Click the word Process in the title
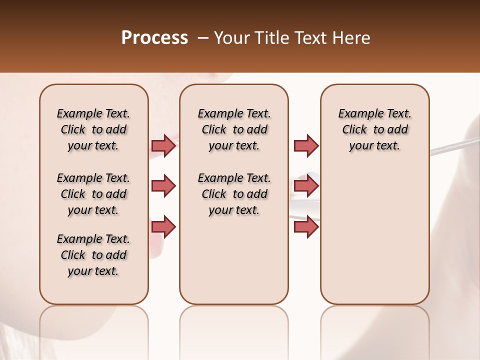tap(154, 38)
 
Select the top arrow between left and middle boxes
tap(163, 145)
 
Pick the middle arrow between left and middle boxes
tap(163, 186)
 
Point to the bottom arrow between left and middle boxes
tap(163, 227)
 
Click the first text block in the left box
tap(93, 129)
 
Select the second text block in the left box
tap(93, 194)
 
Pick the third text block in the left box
tap(93, 255)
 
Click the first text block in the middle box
tap(234, 129)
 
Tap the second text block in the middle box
tap(234, 194)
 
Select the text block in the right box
tap(375, 129)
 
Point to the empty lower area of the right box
tap(375, 230)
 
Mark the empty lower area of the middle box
tap(234, 260)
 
